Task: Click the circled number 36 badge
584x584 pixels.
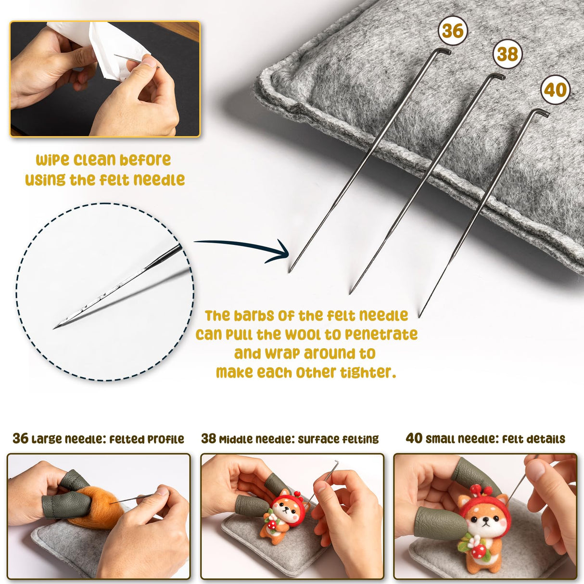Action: pos(452,31)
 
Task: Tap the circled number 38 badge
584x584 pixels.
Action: pos(507,54)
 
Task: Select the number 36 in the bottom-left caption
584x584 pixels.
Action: pos(20,438)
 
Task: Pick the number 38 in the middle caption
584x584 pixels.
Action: pos(209,438)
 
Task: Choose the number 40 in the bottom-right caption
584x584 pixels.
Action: pos(414,438)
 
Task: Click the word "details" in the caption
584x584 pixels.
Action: pos(546,439)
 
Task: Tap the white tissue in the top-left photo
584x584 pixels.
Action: pos(115,48)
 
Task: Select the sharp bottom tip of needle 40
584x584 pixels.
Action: pos(419,317)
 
